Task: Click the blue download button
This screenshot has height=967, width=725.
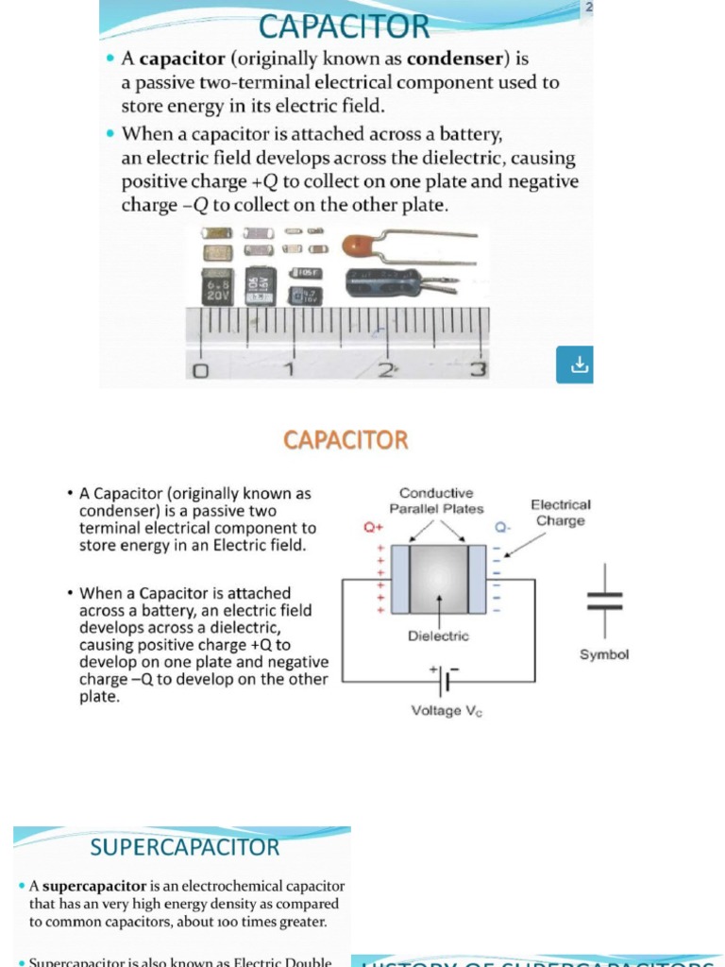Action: point(574,365)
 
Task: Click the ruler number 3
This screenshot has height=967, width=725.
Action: point(479,369)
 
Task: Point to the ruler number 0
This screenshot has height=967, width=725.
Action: point(200,370)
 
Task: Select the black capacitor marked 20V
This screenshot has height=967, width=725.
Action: point(217,286)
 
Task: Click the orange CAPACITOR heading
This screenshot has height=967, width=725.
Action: point(346,440)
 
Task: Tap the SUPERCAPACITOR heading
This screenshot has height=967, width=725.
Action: point(185,847)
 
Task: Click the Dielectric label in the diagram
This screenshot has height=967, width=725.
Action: point(438,636)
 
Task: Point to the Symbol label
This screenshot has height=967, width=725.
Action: point(604,654)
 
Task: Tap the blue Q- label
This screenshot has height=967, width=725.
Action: point(502,529)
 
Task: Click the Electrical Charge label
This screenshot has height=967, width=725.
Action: point(561,513)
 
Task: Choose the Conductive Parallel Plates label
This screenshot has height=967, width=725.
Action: point(436,500)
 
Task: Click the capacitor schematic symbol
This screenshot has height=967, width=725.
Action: point(604,601)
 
